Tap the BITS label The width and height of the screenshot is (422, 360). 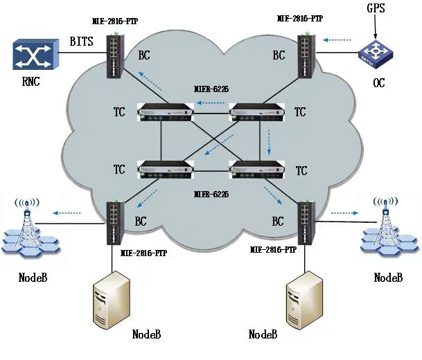[82, 43]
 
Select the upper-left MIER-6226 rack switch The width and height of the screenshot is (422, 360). [166, 113]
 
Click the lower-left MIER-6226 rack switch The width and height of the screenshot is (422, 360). [166, 170]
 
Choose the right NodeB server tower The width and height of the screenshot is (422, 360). [305, 298]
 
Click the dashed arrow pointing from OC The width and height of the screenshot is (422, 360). [338, 39]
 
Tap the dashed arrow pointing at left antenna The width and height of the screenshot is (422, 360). [67, 213]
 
